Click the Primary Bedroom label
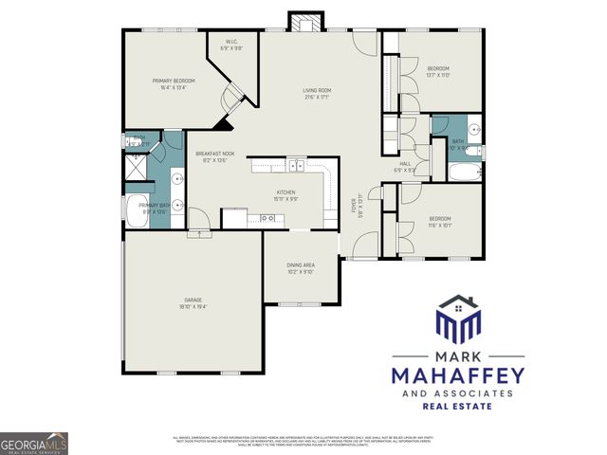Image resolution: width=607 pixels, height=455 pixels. [x=173, y=83]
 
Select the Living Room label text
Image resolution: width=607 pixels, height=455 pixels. [x=316, y=92]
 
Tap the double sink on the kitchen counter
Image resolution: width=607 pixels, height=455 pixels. [x=296, y=166]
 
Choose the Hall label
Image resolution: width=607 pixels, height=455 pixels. [x=405, y=166]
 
